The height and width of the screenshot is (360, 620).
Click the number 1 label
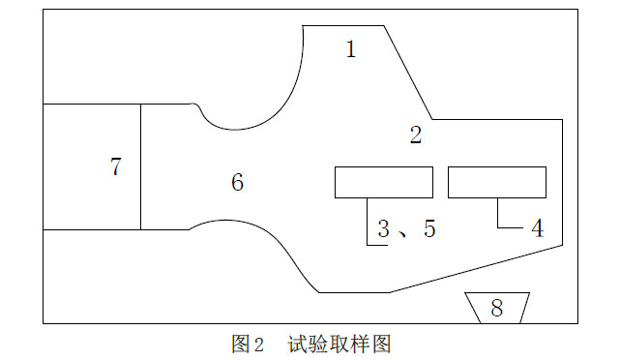click(x=351, y=49)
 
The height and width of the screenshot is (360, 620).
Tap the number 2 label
click(x=416, y=135)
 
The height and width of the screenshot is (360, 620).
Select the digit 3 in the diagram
click(x=384, y=228)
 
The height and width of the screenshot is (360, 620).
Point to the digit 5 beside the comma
click(x=429, y=228)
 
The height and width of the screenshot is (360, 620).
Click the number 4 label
click(x=538, y=228)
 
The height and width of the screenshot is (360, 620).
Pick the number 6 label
click(x=237, y=182)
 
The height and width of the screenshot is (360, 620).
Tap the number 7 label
click(x=116, y=166)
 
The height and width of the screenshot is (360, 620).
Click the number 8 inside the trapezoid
click(x=497, y=308)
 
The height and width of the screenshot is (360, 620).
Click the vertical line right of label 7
click(x=141, y=166)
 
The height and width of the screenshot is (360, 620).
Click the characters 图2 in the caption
click(x=248, y=344)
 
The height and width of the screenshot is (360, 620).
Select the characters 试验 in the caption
click(x=306, y=344)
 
